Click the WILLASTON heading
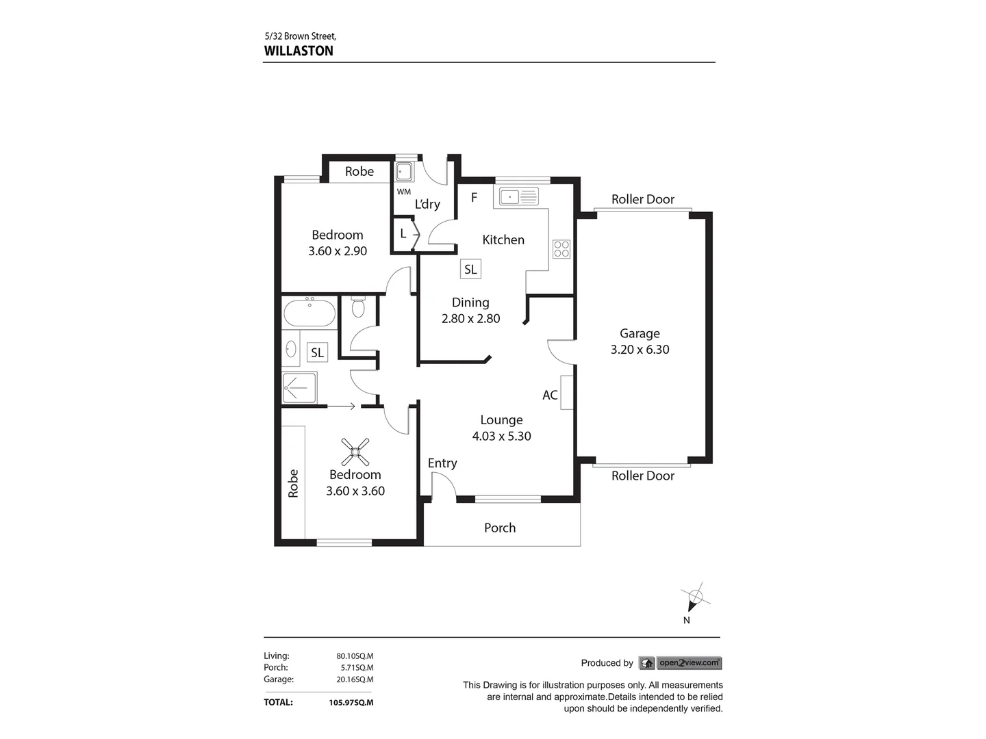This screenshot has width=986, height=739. click(299, 51)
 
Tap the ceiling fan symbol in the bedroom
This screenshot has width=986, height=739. click(355, 451)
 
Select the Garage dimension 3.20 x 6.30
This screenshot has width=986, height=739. click(640, 350)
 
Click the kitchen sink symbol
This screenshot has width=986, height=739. click(520, 197)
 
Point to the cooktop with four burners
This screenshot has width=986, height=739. click(561, 249)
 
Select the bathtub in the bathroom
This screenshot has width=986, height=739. click(309, 313)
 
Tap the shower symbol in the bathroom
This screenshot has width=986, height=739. click(299, 387)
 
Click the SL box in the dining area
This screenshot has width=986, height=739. click(470, 270)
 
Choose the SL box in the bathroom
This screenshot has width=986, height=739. click(317, 352)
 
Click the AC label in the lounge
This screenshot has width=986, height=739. click(550, 395)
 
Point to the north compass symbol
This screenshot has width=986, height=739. click(695, 598)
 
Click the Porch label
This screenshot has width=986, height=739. click(500, 528)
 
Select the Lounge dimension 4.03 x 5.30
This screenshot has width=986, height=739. click(501, 436)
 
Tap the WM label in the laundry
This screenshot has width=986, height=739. click(404, 192)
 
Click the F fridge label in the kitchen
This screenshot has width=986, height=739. click(474, 198)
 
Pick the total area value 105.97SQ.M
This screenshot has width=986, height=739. click(351, 702)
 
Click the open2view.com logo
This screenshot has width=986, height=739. click(681, 662)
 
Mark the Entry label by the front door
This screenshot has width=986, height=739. click(442, 463)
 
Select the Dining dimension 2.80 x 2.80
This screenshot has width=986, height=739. click(470, 318)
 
